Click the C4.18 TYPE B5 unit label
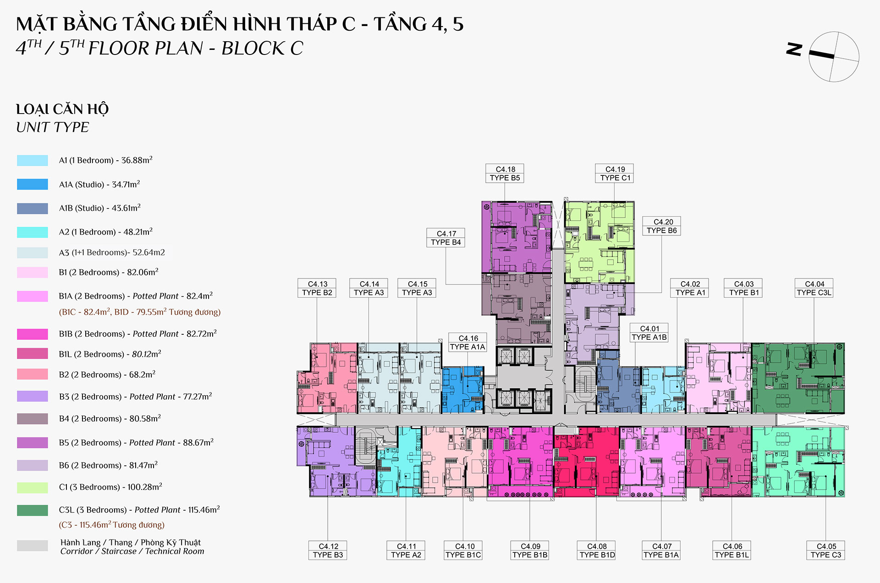click(505, 174)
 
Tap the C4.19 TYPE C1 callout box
click(615, 174)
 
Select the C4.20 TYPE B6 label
click(662, 226)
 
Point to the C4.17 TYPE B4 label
click(446, 238)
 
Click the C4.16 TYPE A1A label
click(467, 343)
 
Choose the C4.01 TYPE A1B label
click(649, 333)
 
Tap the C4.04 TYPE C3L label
click(814, 288)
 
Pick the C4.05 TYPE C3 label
click(826, 550)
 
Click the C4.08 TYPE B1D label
click(597, 550)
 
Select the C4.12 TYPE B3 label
click(328, 550)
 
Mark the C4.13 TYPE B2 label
click(317, 288)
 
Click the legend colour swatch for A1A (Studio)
click(33, 184)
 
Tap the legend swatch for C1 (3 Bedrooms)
click(33, 487)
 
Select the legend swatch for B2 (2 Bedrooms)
click(33, 374)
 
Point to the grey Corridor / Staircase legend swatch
click(33, 545)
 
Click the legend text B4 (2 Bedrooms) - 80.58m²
click(110, 419)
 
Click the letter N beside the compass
click(794, 49)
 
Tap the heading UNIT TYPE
click(53, 127)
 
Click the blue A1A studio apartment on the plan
click(462, 390)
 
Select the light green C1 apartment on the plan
click(599, 242)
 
